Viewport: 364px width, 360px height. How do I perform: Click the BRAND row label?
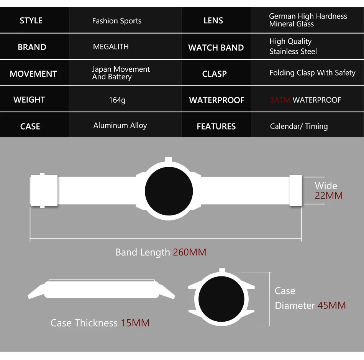(x=32, y=47)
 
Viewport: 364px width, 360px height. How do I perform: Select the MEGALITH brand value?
(x=111, y=47)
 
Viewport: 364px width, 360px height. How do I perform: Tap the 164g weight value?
(x=117, y=100)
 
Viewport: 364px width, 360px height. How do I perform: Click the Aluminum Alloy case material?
(x=120, y=126)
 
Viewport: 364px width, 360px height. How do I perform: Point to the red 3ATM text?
(x=280, y=100)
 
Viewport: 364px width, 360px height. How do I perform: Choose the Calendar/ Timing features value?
(x=299, y=126)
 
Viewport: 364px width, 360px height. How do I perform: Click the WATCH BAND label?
(x=216, y=48)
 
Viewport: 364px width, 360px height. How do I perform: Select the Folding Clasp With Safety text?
(x=312, y=73)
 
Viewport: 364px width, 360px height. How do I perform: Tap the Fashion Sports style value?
(x=116, y=21)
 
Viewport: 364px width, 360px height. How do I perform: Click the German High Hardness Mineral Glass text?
(x=308, y=20)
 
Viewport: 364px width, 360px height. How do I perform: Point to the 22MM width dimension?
(x=329, y=196)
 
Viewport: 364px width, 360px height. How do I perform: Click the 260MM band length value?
(x=189, y=252)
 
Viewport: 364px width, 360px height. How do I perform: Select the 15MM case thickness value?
(x=135, y=323)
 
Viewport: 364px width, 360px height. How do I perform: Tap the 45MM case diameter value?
(x=331, y=306)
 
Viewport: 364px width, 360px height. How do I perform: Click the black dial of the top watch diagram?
(x=169, y=191)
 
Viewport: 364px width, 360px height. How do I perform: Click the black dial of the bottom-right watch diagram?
(x=221, y=299)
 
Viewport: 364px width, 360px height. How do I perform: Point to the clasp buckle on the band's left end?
(x=44, y=191)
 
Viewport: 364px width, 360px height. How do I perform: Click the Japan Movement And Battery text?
(x=121, y=73)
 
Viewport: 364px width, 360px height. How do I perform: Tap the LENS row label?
(x=213, y=21)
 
